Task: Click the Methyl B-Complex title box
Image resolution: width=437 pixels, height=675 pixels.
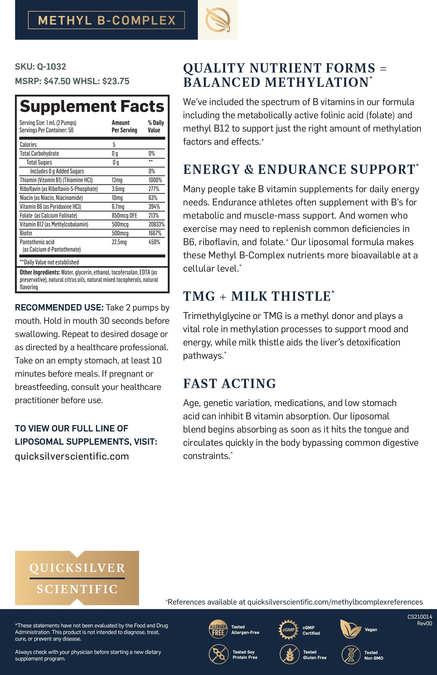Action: (106, 20)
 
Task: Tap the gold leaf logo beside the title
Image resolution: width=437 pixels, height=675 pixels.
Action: (218, 20)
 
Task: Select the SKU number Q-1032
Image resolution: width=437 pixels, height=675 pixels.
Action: (51, 67)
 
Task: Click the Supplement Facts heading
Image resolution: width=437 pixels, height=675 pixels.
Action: (92, 106)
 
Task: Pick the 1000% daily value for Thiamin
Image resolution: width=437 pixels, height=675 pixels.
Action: (155, 180)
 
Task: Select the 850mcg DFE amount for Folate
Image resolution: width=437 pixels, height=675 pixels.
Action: (124, 215)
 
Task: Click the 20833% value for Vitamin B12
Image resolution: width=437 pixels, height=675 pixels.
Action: (156, 224)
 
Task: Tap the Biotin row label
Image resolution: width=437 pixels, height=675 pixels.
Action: (26, 233)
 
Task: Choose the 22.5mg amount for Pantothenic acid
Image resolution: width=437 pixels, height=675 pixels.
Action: (119, 242)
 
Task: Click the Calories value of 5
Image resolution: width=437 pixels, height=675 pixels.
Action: (114, 145)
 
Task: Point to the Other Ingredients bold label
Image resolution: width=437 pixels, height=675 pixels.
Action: (40, 272)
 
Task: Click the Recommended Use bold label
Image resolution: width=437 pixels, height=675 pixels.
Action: (59, 307)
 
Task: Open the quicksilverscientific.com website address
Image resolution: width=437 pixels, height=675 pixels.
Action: (72, 456)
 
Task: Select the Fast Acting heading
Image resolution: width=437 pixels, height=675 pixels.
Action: (230, 384)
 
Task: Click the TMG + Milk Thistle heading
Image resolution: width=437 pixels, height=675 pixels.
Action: (258, 296)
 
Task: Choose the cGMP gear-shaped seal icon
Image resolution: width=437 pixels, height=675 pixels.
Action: (288, 630)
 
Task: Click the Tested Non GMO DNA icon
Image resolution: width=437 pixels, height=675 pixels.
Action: (351, 655)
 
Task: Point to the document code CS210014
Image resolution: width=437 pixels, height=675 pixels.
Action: (420, 616)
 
